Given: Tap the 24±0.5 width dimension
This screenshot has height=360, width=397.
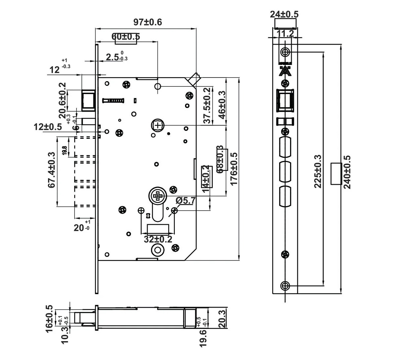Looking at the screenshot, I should click(x=284, y=14).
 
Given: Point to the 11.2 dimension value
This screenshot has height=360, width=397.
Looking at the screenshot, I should click(x=285, y=33).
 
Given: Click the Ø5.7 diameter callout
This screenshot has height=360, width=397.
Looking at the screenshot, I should click(x=186, y=201).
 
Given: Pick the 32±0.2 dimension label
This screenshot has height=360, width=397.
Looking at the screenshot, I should click(x=158, y=239).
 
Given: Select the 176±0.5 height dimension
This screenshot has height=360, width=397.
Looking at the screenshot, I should click(x=233, y=169).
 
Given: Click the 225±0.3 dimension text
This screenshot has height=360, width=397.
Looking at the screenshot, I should click(x=318, y=171).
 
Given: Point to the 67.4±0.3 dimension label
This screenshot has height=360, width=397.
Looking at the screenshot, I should click(x=51, y=170).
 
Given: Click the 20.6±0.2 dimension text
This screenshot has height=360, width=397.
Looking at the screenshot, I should click(x=62, y=100).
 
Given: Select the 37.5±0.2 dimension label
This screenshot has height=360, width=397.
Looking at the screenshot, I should click(x=207, y=105).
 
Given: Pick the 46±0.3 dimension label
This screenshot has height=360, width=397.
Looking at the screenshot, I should click(x=222, y=105).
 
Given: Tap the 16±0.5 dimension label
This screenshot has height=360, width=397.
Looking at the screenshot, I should click(x=49, y=318).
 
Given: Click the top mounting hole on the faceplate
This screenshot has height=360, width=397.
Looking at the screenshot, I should click(x=285, y=52).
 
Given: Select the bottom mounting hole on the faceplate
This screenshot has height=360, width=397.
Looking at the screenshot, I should click(x=285, y=286).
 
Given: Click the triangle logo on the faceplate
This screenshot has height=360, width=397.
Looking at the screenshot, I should click(x=285, y=71).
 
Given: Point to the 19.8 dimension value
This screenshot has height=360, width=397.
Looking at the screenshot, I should click(x=64, y=150).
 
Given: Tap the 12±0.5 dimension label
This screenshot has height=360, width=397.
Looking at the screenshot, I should click(x=48, y=127).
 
